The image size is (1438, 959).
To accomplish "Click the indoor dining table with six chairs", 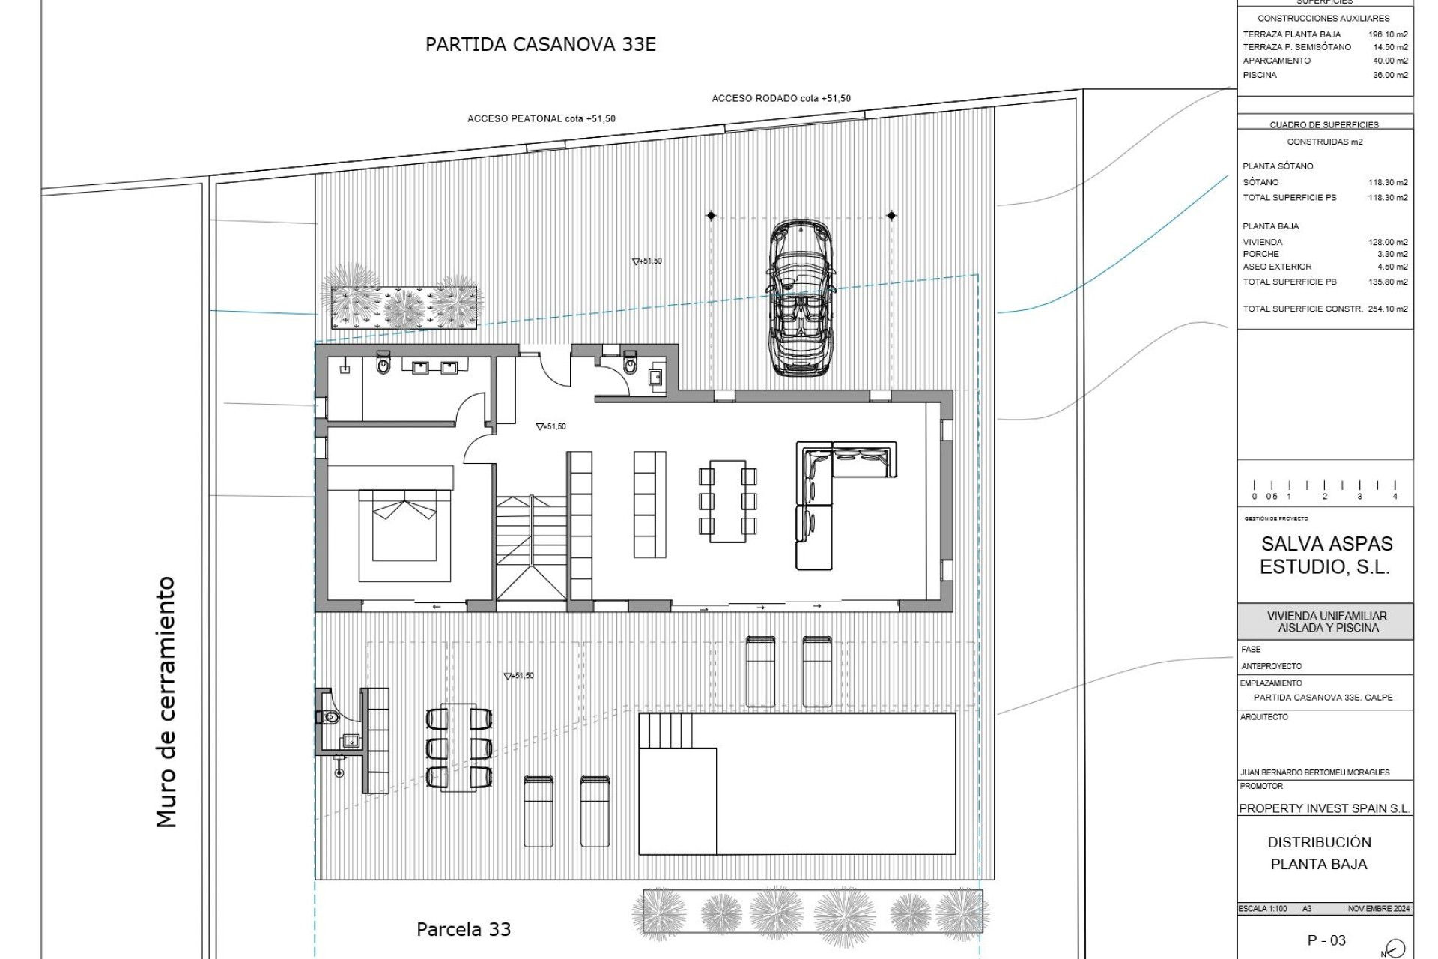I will (727, 500).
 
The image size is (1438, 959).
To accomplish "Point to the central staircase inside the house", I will (531, 547).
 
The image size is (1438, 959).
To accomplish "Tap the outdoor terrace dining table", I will (459, 746).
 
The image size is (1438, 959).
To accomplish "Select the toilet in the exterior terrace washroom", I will (330, 717).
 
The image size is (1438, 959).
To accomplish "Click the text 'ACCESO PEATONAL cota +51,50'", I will (541, 119).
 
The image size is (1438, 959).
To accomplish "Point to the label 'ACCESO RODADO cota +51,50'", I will (780, 98).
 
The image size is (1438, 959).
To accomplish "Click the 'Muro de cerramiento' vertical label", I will (166, 702).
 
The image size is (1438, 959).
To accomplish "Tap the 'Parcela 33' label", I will (463, 930).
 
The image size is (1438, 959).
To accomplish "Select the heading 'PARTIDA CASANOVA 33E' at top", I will (540, 44).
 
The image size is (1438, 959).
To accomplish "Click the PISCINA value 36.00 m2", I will (1389, 75).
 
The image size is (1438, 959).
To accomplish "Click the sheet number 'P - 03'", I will (1326, 940).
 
